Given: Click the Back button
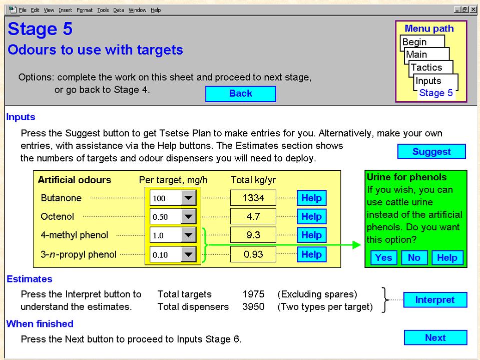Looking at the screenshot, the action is pyautogui.click(x=241, y=94).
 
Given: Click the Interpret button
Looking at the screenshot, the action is pyautogui.click(x=435, y=300).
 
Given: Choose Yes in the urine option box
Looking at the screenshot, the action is pyautogui.click(x=383, y=257).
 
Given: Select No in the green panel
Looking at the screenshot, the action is pyautogui.click(x=414, y=257).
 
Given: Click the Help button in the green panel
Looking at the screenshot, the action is pyautogui.click(x=447, y=257).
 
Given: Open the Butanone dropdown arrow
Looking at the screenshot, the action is pyautogui.click(x=188, y=198).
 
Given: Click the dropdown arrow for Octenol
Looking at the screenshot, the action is pyautogui.click(x=188, y=217).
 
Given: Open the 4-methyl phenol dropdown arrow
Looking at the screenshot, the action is pyautogui.click(x=188, y=235).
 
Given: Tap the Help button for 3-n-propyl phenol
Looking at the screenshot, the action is pyautogui.click(x=312, y=254).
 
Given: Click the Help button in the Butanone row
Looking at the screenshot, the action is pyautogui.click(x=312, y=198).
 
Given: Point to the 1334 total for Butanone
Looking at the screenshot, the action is pyautogui.click(x=253, y=198).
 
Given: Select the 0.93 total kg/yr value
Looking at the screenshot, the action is pyautogui.click(x=253, y=254).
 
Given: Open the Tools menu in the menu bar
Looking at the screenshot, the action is pyautogui.click(x=103, y=10).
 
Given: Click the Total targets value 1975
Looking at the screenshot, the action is pyautogui.click(x=253, y=294).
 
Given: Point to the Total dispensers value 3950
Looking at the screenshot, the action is pyautogui.click(x=253, y=307).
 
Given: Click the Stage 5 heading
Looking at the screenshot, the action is pyautogui.click(x=40, y=29).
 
